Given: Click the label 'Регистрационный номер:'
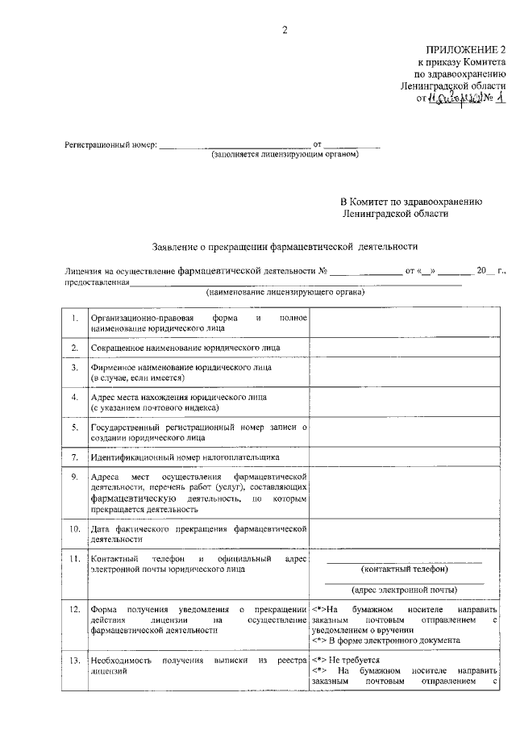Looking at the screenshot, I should click(x=110, y=146).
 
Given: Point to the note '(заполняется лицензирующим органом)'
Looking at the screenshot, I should click(x=285, y=154).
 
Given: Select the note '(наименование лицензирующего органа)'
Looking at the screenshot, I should click(x=274, y=291).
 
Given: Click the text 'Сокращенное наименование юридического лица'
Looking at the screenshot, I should click(x=186, y=348).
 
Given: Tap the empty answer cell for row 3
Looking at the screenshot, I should click(x=404, y=372).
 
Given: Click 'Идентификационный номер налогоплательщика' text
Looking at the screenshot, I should click(x=185, y=457).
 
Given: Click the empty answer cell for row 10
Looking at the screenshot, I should click(x=404, y=534).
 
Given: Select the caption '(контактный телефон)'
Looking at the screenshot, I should click(x=404, y=568).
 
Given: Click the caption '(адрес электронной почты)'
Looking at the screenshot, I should click(x=404, y=589).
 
